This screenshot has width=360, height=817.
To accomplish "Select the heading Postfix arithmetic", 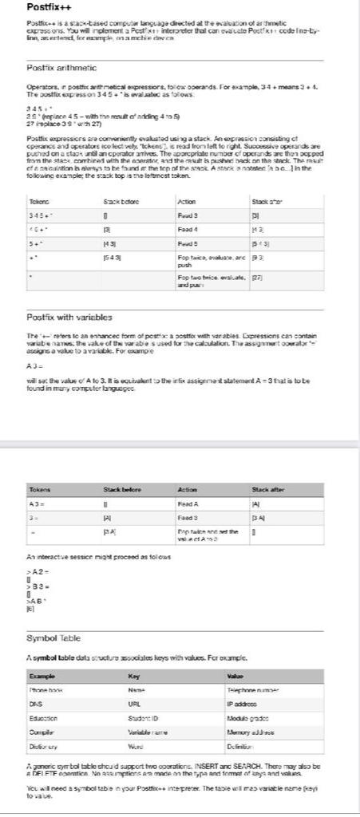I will pos(61,68).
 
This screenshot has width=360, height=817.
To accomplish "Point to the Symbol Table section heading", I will pos(53,638).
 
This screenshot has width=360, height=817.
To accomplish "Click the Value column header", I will pos(235,676).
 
